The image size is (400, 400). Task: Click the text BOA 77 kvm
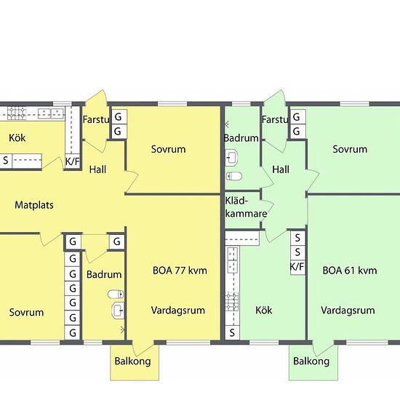pyautogui.click(x=180, y=271)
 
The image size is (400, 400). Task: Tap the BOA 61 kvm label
pyautogui.click(x=350, y=271)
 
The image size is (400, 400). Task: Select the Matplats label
pyautogui.click(x=34, y=205)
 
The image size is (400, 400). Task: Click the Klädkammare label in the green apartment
pyautogui.click(x=246, y=207)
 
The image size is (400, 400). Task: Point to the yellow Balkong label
pyautogui.click(x=132, y=361)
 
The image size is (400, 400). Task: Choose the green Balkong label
pyautogui.click(x=311, y=361)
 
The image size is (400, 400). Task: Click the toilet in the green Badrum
pyautogui.click(x=234, y=176)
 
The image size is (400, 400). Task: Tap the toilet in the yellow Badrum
pyautogui.click(x=116, y=294)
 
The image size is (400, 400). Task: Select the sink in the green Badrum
pyautogui.click(x=231, y=158)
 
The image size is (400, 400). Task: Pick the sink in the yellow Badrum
pyautogui.click(x=118, y=311)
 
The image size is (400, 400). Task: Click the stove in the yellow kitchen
pyautogui.click(x=17, y=113)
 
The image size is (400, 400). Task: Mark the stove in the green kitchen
pyautogui.click(x=232, y=302)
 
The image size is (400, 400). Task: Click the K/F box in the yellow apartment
pyautogui.click(x=73, y=161)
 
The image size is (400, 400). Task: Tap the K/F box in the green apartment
pyautogui.click(x=297, y=267)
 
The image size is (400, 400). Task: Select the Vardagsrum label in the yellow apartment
pyautogui.click(x=178, y=311)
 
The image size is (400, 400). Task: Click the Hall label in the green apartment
pyautogui.click(x=281, y=169)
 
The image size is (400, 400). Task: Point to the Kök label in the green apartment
pyautogui.click(x=264, y=311)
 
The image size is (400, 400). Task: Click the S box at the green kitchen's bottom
pyautogui.click(x=232, y=332)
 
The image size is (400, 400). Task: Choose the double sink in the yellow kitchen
pyautogui.click(x=51, y=113)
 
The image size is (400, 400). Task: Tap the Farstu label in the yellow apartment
pyautogui.click(x=96, y=120)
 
